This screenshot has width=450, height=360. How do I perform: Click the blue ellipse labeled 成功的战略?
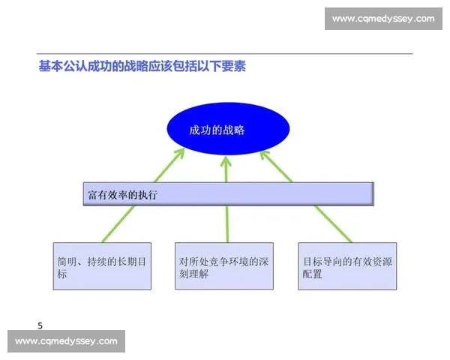[226, 129]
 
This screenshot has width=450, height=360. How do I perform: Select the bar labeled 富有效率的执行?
[228, 194]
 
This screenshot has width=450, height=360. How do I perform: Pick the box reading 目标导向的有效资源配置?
[346, 266]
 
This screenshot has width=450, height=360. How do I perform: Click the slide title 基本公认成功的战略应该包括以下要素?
[142, 67]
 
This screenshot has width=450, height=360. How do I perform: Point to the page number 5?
[40, 325]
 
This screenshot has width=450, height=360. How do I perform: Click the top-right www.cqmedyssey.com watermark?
[383, 18]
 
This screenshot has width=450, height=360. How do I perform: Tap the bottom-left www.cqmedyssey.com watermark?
[66, 341]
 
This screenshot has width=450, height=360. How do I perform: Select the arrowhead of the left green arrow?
[179, 154]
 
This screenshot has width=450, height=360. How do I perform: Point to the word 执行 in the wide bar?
[148, 194]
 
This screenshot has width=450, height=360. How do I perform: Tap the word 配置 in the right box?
[313, 274]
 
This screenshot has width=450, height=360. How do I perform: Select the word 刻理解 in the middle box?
[193, 274]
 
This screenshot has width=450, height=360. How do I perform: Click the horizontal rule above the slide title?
[225, 54]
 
